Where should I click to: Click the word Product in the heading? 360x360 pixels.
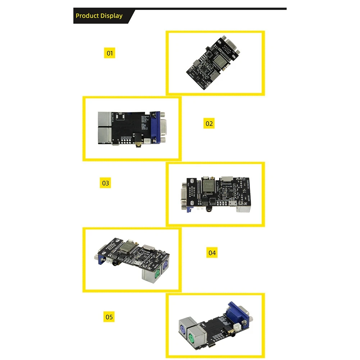(x=87, y=16)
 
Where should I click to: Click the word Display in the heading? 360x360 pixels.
(x=111, y=16)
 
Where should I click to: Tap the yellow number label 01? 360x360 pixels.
(x=110, y=53)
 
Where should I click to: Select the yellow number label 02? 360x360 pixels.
(x=209, y=124)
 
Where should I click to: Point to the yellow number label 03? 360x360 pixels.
(x=105, y=183)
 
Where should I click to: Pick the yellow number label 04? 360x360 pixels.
(x=212, y=253)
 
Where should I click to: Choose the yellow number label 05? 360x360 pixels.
(x=109, y=317)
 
